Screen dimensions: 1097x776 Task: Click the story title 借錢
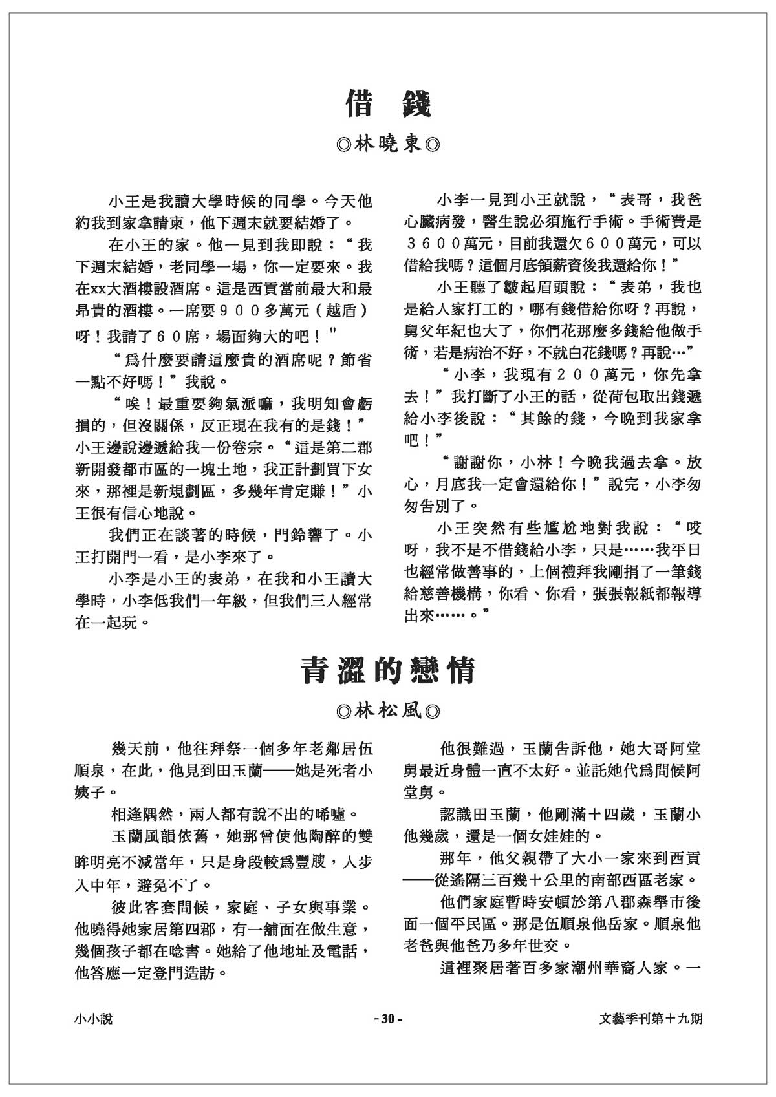[388, 103]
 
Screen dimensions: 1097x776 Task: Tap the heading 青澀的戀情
[388, 670]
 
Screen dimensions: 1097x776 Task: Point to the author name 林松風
[389, 711]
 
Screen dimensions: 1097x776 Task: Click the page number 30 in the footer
[388, 1019]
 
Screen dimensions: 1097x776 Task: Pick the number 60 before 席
[177, 336]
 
